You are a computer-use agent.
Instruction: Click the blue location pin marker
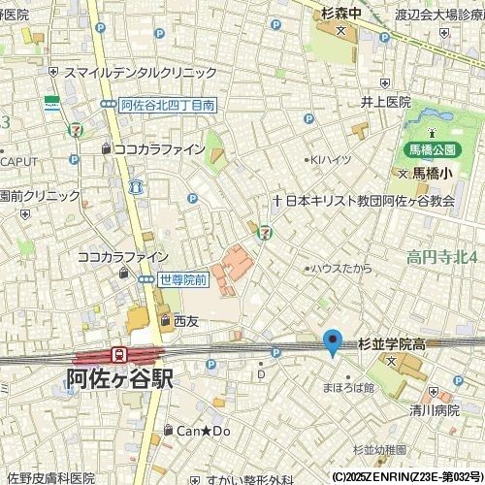[333, 342]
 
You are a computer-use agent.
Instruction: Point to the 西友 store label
[185, 320]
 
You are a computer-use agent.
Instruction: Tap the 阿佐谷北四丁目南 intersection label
[167, 105]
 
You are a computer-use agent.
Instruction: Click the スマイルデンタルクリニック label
[140, 73]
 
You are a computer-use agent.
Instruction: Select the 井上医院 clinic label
[386, 101]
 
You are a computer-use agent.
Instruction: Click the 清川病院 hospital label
[434, 409]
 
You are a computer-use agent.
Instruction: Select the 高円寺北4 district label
[442, 256]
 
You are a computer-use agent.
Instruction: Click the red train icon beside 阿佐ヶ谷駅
[119, 355]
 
